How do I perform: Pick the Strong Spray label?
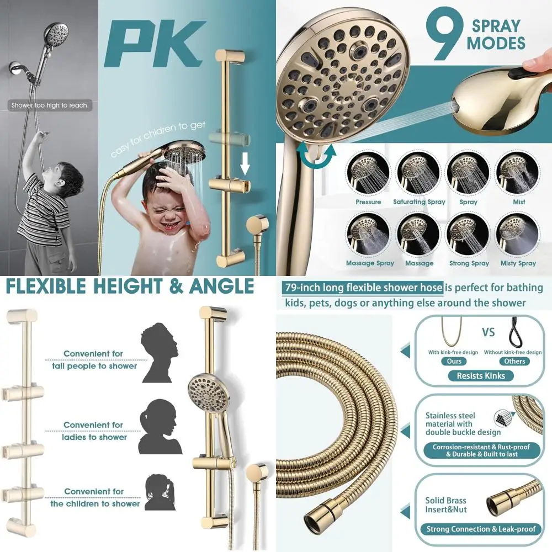[x=469, y=263]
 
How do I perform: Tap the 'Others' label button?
[x=514, y=361]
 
